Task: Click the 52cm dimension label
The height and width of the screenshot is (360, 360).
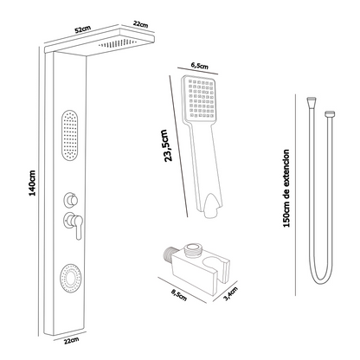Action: [x=83, y=29]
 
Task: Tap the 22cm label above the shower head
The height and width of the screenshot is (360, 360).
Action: [x=140, y=24]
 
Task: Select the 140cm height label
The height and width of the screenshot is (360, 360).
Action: [x=32, y=183]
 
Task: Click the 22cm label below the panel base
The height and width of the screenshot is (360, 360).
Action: [x=71, y=341]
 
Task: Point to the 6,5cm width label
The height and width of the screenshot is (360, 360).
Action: [x=200, y=66]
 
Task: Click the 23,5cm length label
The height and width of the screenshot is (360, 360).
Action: [x=168, y=145]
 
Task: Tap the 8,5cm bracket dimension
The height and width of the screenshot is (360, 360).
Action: [x=179, y=295]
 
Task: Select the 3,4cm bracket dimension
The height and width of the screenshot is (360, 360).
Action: [x=231, y=293]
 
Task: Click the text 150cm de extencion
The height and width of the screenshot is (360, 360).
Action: [x=286, y=189]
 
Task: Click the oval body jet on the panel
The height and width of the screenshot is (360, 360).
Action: [x=70, y=135]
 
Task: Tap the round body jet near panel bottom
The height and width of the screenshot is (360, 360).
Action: [x=70, y=278]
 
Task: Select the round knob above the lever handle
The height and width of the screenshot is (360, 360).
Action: [x=71, y=200]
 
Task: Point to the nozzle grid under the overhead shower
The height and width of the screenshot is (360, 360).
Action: [x=118, y=43]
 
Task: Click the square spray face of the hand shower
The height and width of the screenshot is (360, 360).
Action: [x=199, y=99]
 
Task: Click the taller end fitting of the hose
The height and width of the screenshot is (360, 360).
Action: [x=311, y=102]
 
